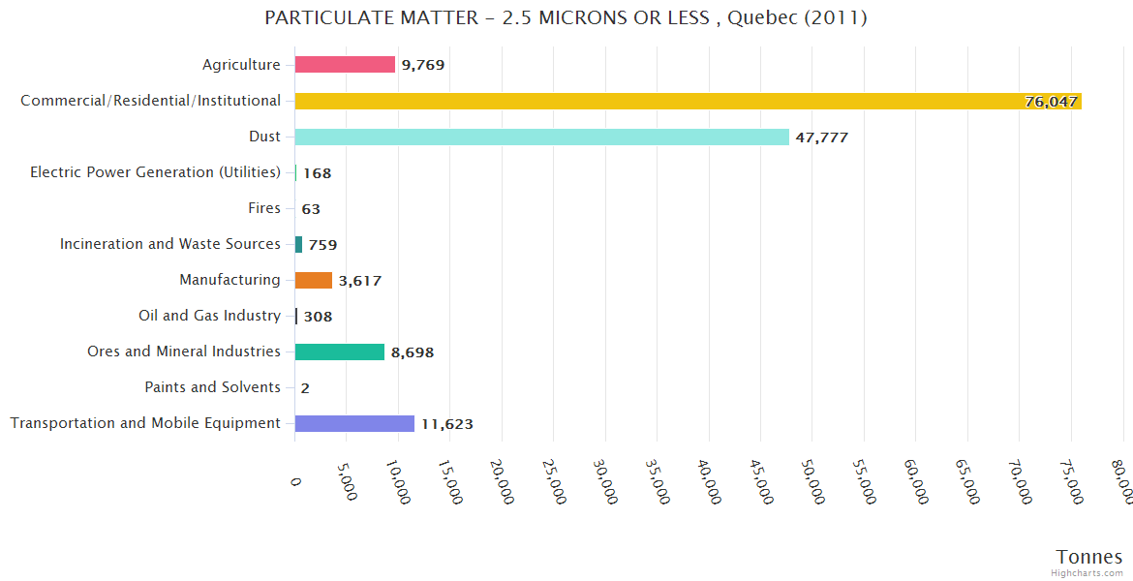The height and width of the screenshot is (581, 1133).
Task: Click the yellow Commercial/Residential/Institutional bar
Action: pos(688,101)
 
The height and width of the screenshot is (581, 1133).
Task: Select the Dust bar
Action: pos(541,137)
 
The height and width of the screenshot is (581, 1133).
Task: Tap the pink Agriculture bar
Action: pos(345,65)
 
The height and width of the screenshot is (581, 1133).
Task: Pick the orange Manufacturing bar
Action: pos(314,280)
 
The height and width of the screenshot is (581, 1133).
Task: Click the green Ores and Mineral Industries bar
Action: pos(339,352)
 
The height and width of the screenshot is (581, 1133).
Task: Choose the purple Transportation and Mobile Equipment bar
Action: pos(354,423)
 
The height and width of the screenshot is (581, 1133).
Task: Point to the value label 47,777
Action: pos(821,138)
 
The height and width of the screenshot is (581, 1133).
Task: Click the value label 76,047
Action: pos(1051,102)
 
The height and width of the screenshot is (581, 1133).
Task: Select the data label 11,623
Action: pos(446,424)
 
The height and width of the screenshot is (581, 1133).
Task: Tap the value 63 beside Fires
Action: pos(311,209)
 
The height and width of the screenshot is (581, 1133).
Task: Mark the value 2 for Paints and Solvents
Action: pos(305,388)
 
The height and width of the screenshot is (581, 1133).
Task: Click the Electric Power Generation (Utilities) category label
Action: pos(155,172)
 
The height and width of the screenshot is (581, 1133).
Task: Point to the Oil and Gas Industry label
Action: pos(209,316)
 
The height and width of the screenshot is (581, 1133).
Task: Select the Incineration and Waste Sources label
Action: pos(169,244)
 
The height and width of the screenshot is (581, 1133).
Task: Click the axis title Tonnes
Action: pos(1088,557)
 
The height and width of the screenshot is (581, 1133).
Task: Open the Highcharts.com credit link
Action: pos(1087,573)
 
